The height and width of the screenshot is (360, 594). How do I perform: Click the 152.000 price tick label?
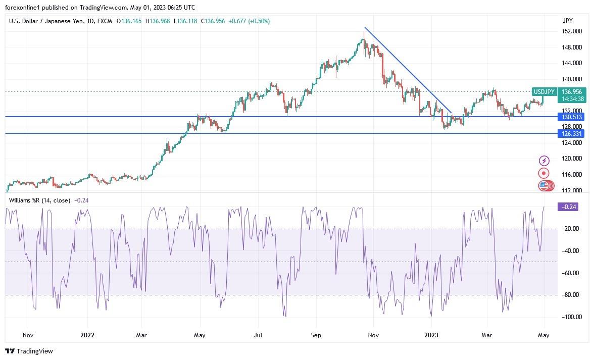coord(572,31)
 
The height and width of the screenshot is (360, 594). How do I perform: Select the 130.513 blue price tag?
coord(571,117)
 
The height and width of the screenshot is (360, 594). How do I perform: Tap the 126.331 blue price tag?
coord(571,134)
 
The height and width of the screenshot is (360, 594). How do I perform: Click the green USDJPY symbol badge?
coord(544,92)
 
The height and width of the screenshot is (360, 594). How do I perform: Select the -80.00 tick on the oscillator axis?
coord(571,295)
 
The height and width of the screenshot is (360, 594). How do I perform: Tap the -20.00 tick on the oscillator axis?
coord(571,229)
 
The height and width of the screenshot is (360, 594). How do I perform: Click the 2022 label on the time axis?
coord(87,335)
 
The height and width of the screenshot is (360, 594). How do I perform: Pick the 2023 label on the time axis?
coord(431,335)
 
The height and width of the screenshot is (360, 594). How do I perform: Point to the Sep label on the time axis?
coord(316,335)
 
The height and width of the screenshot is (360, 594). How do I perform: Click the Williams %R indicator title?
coord(39,200)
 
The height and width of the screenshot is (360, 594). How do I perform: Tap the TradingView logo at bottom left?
coord(29,351)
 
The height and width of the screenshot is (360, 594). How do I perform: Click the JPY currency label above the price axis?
coord(567,21)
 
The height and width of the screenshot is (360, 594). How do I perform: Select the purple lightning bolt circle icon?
coord(544,161)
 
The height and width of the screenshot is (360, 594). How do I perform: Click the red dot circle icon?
coord(544,173)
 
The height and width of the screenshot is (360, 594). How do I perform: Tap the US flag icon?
coord(543,186)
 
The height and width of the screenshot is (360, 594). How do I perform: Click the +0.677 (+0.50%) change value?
coord(249,21)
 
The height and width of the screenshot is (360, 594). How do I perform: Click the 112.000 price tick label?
coord(572,190)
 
